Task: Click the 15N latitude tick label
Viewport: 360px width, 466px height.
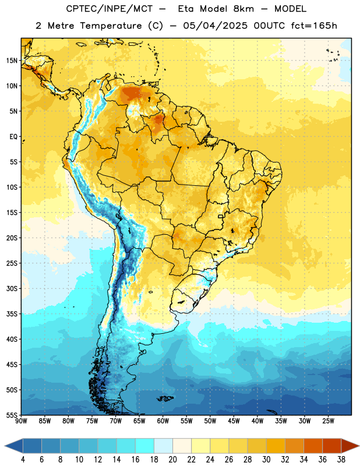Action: [x=12, y=61]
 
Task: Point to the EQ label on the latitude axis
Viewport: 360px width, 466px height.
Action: [x=13, y=137]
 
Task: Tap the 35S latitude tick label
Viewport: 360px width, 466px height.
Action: [x=12, y=314]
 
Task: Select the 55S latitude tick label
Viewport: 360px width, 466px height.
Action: [x=12, y=415]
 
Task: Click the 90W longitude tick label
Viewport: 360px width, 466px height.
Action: [x=21, y=421]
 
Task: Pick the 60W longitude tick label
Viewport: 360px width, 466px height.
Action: [x=163, y=421]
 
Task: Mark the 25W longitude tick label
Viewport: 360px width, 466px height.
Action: [x=328, y=421]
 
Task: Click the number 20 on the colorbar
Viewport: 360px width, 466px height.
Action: [x=172, y=460]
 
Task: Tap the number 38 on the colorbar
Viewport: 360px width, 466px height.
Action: [x=341, y=460]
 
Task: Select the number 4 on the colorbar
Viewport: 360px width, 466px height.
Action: [x=23, y=460]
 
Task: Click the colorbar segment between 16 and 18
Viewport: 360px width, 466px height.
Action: [x=144, y=446]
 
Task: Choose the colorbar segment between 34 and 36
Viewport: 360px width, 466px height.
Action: [x=313, y=446]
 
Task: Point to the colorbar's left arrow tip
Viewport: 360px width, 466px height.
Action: [x=5, y=446]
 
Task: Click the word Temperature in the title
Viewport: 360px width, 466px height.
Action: [x=111, y=26]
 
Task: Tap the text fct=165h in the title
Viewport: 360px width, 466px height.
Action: [x=314, y=26]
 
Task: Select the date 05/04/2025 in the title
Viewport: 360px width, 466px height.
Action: [x=215, y=26]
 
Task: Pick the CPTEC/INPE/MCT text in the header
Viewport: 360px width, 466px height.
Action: [x=110, y=9]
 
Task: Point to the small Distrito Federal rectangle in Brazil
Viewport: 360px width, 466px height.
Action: [x=221, y=216]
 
